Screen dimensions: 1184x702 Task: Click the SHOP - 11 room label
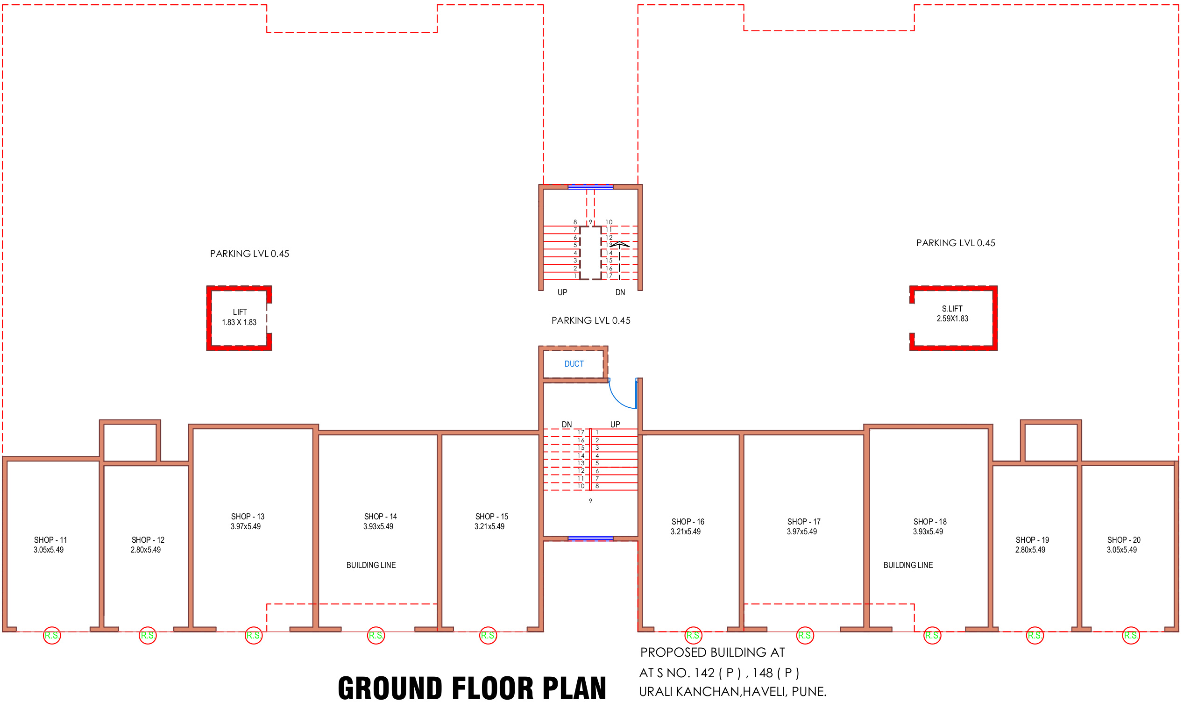50,540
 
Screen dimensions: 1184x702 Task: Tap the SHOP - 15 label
491,517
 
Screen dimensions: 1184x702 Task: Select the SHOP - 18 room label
929,522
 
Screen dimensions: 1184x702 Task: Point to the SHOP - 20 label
1123,540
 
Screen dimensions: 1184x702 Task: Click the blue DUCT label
574,364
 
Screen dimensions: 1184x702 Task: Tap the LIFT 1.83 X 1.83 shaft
239,318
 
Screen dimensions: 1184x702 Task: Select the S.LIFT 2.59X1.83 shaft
953,318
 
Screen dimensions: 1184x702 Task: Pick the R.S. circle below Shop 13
254,635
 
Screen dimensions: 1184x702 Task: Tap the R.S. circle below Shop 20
1131,635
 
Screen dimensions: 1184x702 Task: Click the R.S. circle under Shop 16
694,635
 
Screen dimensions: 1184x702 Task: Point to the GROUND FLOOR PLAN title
472,688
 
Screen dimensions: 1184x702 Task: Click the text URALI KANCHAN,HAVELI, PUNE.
733,692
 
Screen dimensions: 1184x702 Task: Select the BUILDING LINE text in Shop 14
371,565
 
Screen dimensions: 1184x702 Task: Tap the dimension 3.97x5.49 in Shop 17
802,532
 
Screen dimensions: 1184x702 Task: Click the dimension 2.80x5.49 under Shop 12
146,550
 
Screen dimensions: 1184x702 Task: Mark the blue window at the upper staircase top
590,187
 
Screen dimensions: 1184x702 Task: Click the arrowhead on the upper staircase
619,244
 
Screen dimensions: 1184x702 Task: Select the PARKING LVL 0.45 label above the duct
591,320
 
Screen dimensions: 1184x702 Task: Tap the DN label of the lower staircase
567,424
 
